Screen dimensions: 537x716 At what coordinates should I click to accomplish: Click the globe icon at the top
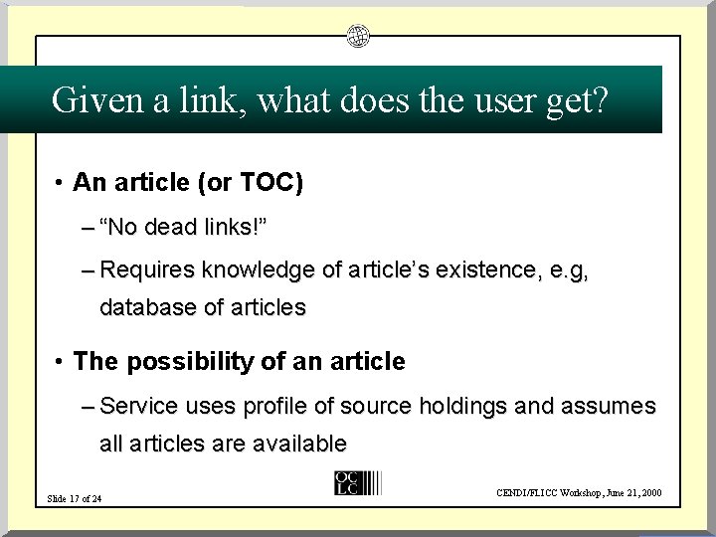point(358,37)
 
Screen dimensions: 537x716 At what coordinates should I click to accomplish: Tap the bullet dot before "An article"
point(61,183)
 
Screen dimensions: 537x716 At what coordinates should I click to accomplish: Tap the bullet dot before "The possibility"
point(61,362)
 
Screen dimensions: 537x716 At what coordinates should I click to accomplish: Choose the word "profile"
point(268,406)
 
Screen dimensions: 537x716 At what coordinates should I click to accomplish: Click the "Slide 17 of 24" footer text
point(76,498)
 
